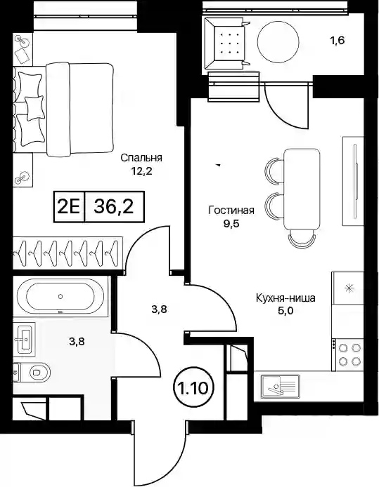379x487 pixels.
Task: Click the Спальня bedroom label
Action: pyautogui.click(x=141, y=157)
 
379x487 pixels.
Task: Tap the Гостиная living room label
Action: pyautogui.click(x=231, y=211)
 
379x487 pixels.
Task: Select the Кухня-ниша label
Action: pyautogui.click(x=285, y=298)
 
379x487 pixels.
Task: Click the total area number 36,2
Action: pyautogui.click(x=114, y=206)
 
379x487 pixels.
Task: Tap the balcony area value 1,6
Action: pyautogui.click(x=337, y=41)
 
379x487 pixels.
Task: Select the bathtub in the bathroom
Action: pyautogui.click(x=60, y=296)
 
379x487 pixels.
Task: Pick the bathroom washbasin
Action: pyautogui.click(x=25, y=338)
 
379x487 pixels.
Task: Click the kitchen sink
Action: pyautogui.click(x=280, y=386)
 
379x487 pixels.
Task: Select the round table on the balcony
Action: pyautogui.click(x=278, y=42)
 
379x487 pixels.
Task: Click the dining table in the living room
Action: pyautogui.click(x=302, y=189)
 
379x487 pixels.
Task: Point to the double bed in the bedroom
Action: pyautogui.click(x=63, y=109)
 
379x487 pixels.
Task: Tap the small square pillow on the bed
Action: pyautogui.click(x=34, y=108)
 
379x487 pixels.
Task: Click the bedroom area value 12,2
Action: pyautogui.click(x=141, y=171)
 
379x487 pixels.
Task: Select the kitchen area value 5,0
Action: pyautogui.click(x=285, y=311)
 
